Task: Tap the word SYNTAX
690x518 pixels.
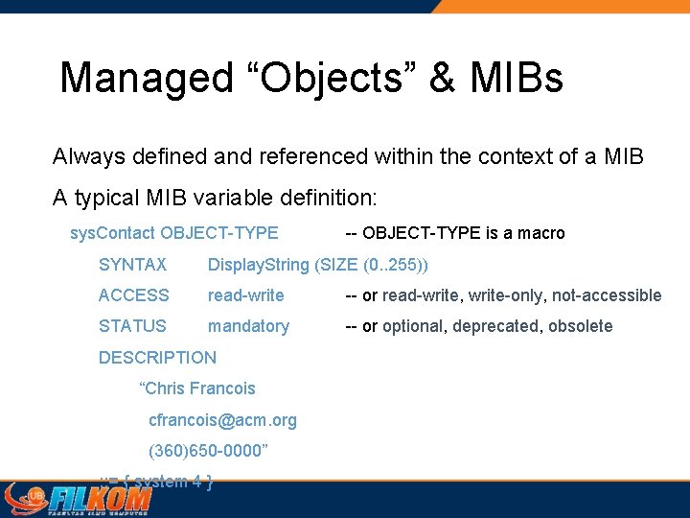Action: [x=132, y=265]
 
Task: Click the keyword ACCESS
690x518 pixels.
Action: [x=133, y=295]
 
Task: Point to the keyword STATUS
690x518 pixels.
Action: [x=132, y=326]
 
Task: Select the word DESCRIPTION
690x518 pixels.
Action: [x=157, y=358]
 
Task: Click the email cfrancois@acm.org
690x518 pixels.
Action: [x=222, y=420]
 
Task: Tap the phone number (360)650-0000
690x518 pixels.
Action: [x=208, y=451]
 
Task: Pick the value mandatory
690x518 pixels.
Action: [x=248, y=326]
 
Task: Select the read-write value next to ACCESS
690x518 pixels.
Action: [x=245, y=295]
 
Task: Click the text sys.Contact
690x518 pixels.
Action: [x=113, y=233]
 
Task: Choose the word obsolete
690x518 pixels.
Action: [x=580, y=326]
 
